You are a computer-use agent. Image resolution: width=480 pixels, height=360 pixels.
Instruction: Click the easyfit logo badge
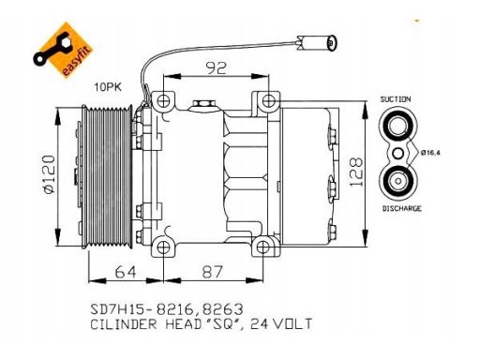pos(63,50)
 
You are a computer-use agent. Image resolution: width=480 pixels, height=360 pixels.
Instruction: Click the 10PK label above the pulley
pos(108,87)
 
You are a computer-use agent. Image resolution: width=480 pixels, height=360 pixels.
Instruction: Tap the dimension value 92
pos(217,68)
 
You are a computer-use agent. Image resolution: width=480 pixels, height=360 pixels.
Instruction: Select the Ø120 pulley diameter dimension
pos(49,174)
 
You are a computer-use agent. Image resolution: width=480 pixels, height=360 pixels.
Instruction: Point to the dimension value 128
pos(356,172)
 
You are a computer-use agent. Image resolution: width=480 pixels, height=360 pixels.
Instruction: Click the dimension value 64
pos(126,272)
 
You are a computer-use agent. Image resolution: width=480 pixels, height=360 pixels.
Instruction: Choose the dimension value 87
pos(213,272)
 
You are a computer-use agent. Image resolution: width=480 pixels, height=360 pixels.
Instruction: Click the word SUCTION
pos(396,99)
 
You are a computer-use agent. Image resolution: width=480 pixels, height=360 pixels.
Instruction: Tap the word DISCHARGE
pos(402,208)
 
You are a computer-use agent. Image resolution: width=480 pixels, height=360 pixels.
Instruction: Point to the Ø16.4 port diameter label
pos(430,153)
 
